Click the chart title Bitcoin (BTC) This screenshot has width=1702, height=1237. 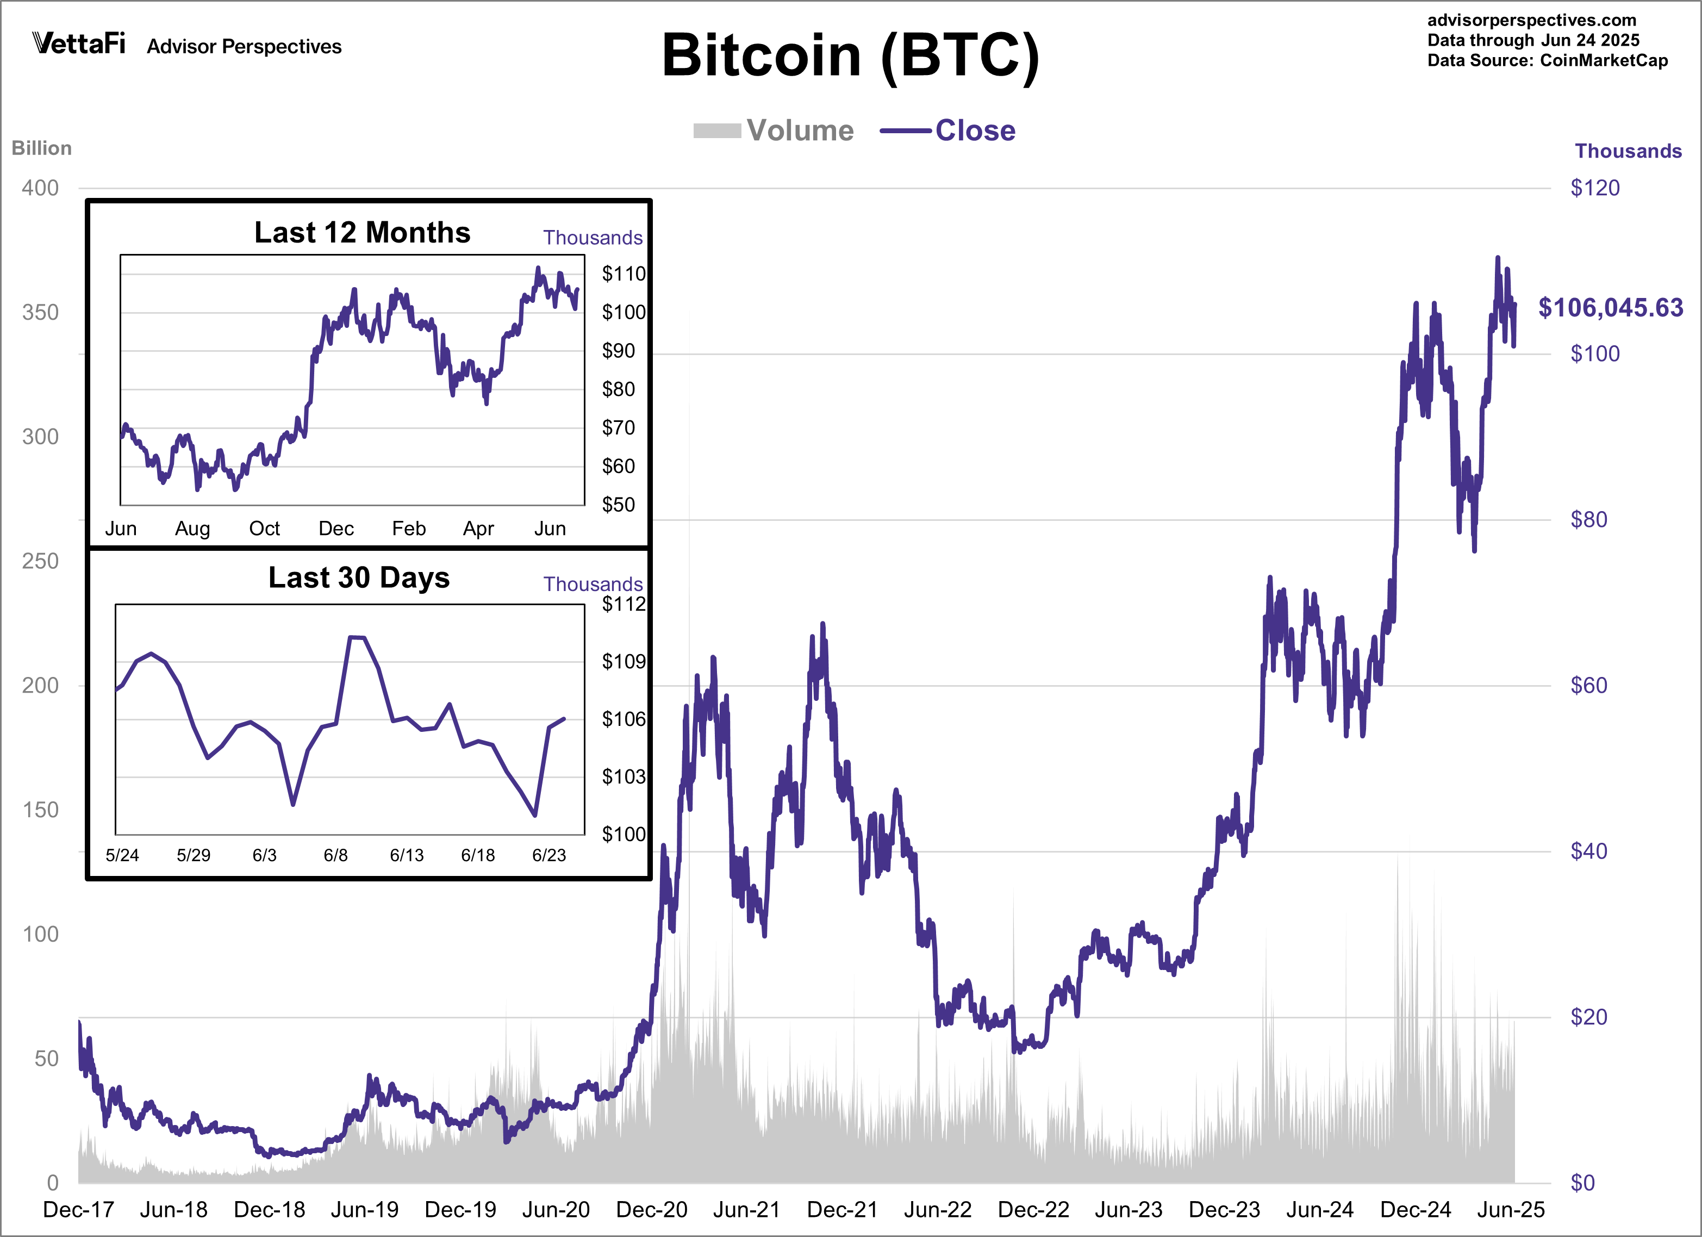(x=850, y=57)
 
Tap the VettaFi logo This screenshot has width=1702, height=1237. (x=79, y=43)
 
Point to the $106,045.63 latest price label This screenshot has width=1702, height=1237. (x=1611, y=308)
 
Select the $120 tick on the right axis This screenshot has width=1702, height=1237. (x=1595, y=188)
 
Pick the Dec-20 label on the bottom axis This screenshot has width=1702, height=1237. (x=651, y=1209)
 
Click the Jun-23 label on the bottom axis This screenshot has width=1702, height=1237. (x=1129, y=1209)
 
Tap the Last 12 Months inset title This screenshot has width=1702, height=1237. (x=363, y=233)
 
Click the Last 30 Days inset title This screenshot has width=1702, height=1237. (x=359, y=578)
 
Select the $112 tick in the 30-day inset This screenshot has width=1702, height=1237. (x=623, y=604)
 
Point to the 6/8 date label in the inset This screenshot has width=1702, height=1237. (x=335, y=855)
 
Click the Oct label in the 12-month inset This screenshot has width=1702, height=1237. (x=264, y=529)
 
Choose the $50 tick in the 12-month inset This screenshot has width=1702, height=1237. (x=619, y=505)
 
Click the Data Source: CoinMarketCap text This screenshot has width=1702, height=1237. (x=1548, y=61)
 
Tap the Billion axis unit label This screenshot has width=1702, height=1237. (x=41, y=148)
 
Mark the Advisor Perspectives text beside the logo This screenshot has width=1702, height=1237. (x=244, y=47)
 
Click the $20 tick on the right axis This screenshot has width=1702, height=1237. (x=1589, y=1017)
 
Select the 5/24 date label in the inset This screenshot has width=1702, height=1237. (x=122, y=855)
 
